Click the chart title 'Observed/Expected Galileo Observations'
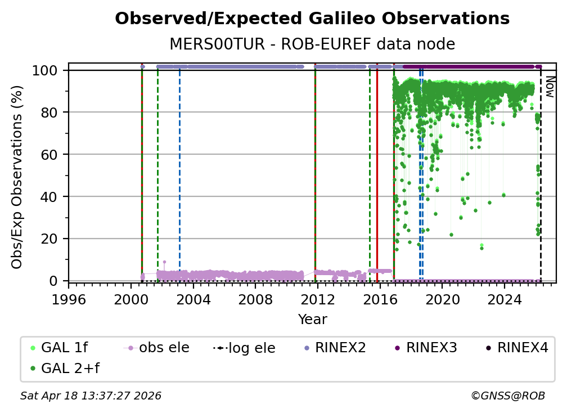[x=312, y=19]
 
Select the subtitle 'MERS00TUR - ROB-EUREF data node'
[x=312, y=44]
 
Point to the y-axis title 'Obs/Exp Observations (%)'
[x=17, y=177]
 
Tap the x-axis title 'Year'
[x=312, y=320]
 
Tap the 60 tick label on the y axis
[x=50, y=154]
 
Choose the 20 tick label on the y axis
[x=50, y=239]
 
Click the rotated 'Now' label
[x=550, y=87]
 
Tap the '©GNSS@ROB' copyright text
[x=508, y=396]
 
